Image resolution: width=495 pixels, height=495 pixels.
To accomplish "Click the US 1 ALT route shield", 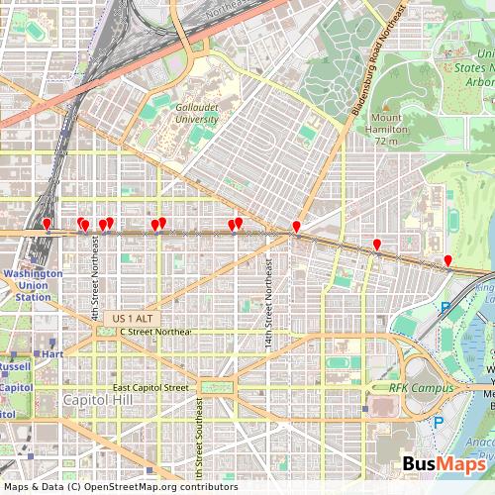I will click(x=133, y=317).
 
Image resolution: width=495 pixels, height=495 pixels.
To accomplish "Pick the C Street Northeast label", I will click(x=155, y=331).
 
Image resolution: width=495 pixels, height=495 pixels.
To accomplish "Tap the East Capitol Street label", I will click(x=149, y=387).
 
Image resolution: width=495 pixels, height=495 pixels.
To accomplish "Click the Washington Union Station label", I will click(x=26, y=284).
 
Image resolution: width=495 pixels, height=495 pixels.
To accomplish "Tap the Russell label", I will click(x=14, y=365).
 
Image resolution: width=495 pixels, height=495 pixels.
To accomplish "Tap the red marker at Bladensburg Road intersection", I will click(x=296, y=230).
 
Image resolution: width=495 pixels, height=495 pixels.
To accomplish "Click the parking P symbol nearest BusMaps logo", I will click(x=439, y=423).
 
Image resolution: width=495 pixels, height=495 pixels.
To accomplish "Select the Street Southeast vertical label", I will click(x=199, y=436).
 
